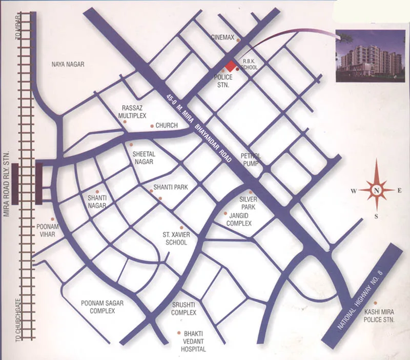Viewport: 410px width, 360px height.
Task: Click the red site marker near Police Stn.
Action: [231, 66]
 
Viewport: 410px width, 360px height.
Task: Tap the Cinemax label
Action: [223, 37]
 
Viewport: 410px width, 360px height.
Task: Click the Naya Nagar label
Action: [68, 64]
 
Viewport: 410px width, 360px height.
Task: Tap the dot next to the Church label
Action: [152, 126]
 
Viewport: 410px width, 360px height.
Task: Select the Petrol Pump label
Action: [251, 159]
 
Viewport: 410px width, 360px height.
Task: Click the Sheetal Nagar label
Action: [143, 157]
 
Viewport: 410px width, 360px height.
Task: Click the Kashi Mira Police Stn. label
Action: [379, 315]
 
